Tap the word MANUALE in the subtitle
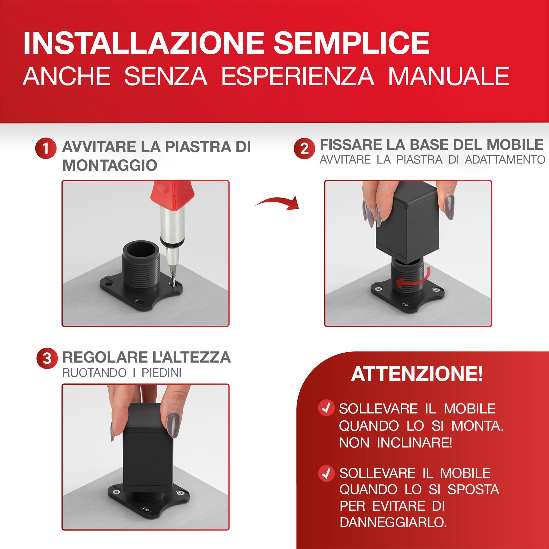tap(448, 76)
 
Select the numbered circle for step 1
tap(45, 148)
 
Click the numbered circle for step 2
tap(304, 148)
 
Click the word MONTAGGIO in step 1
tap(110, 165)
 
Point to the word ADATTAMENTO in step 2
tap(505, 160)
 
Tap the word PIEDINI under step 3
tap(162, 373)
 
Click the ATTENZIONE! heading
tap(417, 374)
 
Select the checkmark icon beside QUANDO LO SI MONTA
tap(326, 408)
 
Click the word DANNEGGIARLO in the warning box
tap(393, 522)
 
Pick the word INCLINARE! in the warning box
tap(414, 443)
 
